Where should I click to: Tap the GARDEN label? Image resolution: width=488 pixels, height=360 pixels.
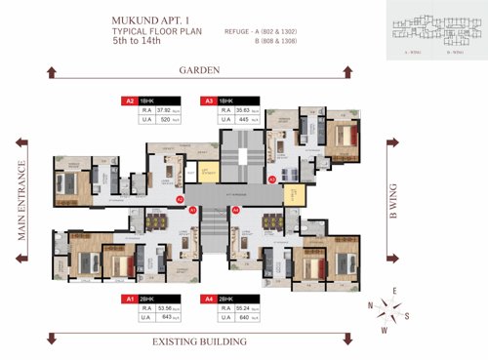(x=198, y=70)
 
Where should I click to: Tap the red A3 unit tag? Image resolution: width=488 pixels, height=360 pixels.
(x=208, y=100)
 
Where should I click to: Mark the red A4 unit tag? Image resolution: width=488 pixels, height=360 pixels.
(x=208, y=298)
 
